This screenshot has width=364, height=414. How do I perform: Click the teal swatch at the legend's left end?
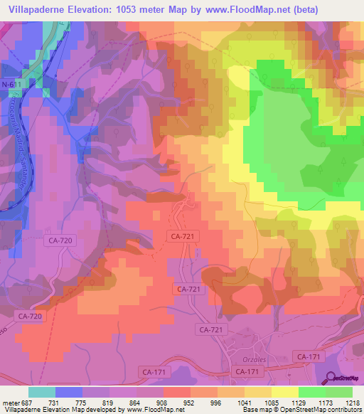tap(41, 391)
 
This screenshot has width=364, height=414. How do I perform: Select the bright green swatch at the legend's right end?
tap(338, 391)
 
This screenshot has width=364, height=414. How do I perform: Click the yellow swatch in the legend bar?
tap(284, 391)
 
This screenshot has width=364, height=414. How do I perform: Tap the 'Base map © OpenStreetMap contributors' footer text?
tap(301, 410)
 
